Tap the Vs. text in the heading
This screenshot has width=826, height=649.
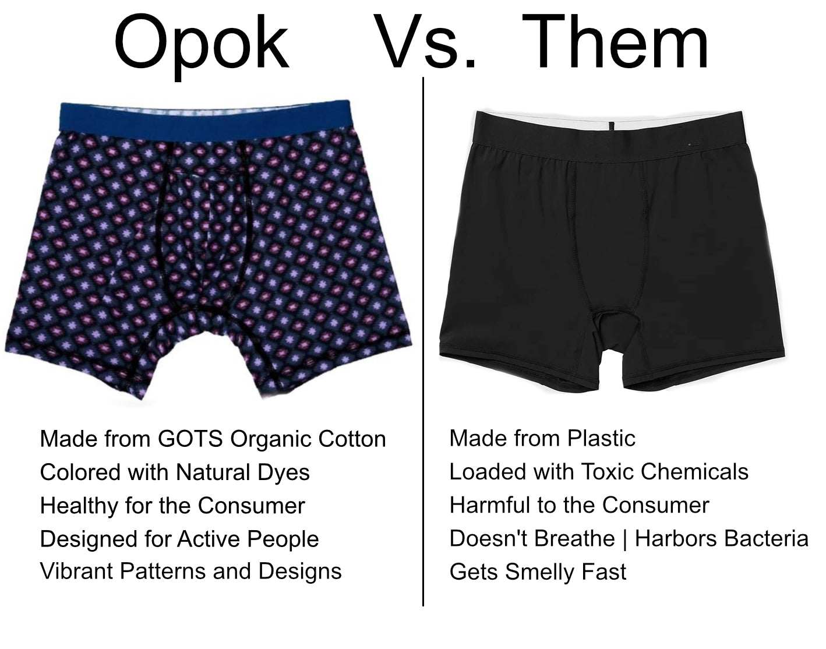pos(425,42)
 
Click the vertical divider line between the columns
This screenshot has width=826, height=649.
pos(423,341)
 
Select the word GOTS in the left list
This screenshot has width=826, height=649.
pos(190,438)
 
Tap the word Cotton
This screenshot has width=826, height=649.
pos(352,439)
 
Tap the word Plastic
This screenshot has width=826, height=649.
pos(601,438)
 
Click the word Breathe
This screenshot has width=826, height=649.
pos(585,538)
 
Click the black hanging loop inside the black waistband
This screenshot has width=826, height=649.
pos(611,126)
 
